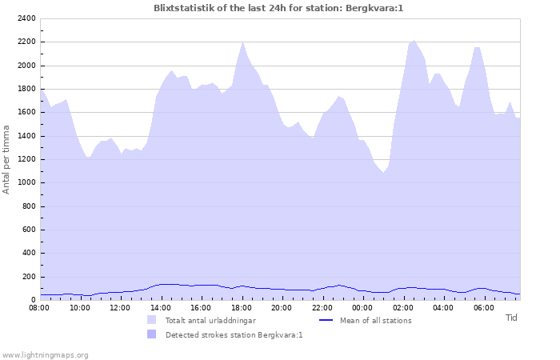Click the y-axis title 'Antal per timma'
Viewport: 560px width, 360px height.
(x=7, y=159)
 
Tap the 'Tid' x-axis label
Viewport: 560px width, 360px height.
(x=511, y=318)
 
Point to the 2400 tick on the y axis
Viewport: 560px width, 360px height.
(x=26, y=18)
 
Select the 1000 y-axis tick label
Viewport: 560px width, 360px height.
(x=26, y=182)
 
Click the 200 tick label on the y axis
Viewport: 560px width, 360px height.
(x=29, y=277)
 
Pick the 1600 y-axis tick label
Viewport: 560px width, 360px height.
(x=26, y=113)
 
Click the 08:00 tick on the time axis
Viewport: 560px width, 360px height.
(x=39, y=307)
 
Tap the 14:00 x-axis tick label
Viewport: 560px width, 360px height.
(x=161, y=307)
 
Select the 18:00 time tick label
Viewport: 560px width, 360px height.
(x=242, y=307)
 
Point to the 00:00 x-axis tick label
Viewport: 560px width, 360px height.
(x=362, y=307)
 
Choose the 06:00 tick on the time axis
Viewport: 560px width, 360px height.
(x=484, y=307)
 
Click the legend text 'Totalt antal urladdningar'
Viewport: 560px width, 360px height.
(x=212, y=321)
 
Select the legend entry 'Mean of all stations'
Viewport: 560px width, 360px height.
(x=375, y=321)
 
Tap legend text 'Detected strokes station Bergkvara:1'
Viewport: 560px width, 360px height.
(x=234, y=335)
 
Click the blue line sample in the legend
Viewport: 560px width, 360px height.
(x=326, y=320)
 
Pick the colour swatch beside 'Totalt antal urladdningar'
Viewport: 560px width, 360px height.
(x=151, y=320)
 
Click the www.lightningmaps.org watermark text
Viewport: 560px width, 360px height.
(x=45, y=354)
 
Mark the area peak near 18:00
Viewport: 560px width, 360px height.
(x=243, y=42)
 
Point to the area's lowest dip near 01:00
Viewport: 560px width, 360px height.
(x=383, y=173)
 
